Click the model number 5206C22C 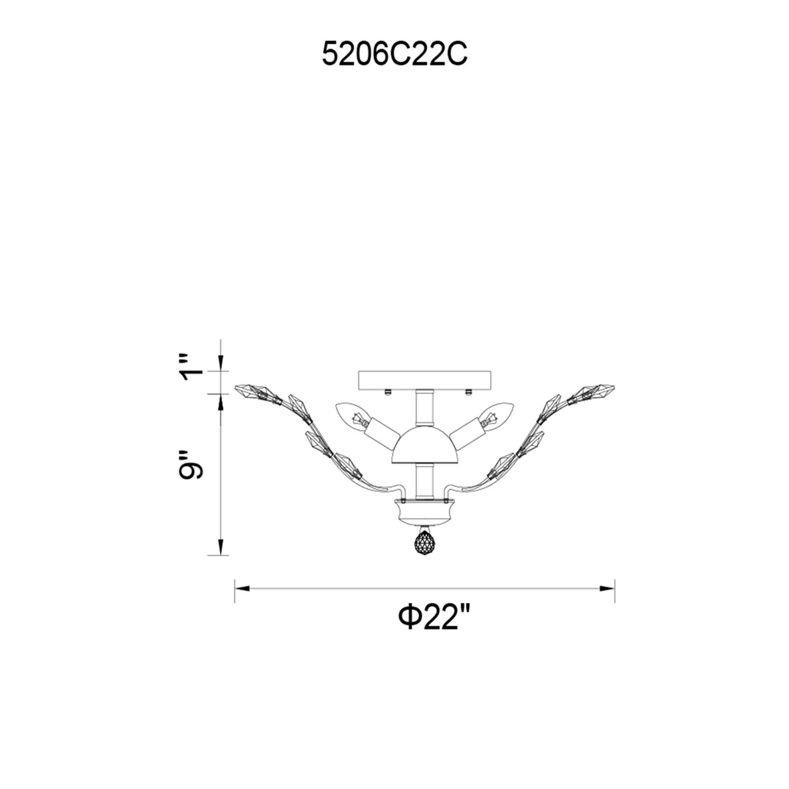pos(394,54)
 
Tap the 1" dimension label pos(192,366)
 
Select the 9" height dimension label pos(190,465)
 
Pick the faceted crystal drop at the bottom pos(424,542)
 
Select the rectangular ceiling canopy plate pos(425,380)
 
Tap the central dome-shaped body pos(424,446)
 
